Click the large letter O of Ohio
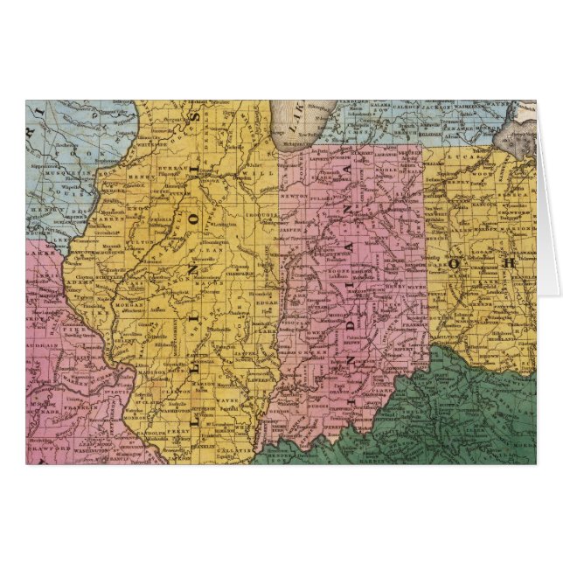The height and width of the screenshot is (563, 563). click(454, 262)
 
